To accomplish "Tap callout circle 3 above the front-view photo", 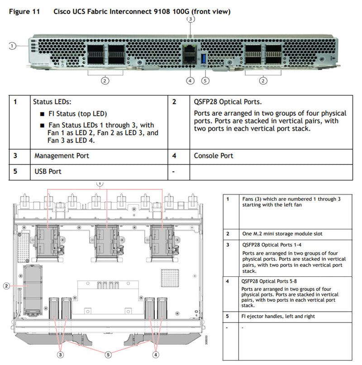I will tap(191, 19).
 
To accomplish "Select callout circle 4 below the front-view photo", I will tap(190, 81).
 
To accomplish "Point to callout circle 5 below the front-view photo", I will tap(206, 81).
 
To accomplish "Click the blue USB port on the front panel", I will tap(203, 59).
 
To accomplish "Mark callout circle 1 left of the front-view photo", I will tap(12, 45).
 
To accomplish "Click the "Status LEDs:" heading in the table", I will tap(52, 102).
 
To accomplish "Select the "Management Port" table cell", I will tap(62, 156).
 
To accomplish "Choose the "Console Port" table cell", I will tap(214, 156).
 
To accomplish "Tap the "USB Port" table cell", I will tap(48, 171).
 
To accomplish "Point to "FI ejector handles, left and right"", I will tap(278, 316).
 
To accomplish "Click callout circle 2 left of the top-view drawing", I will tap(6, 286).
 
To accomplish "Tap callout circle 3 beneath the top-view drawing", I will tap(60, 355).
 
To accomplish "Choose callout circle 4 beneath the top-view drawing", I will tap(156, 355).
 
